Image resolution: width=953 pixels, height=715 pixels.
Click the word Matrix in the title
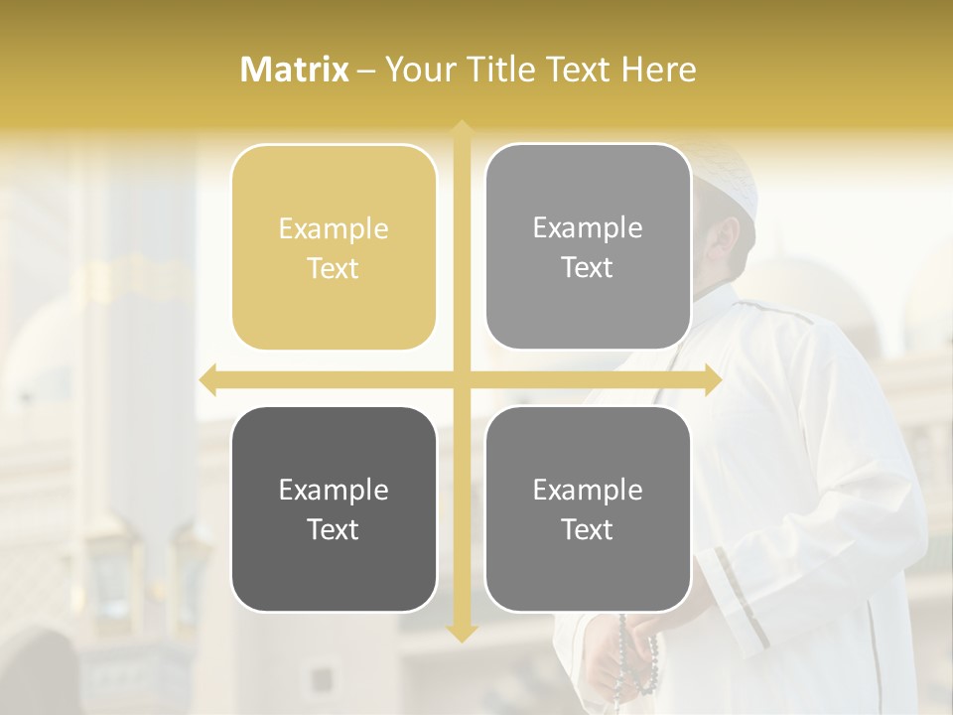295,70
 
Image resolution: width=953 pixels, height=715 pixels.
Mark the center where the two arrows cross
461,380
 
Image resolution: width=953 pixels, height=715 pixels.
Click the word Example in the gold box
334,229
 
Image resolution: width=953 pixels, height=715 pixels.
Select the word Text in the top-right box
588,268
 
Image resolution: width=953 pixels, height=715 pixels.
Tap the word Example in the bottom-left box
334,491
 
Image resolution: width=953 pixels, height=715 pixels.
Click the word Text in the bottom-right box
588,530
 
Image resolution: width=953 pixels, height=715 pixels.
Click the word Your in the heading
418,70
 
